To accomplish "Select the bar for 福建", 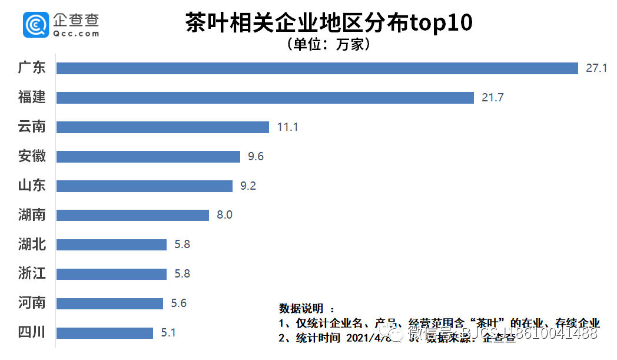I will (265, 98).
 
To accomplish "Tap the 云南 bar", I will (162, 127).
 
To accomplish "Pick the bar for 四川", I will (105, 333).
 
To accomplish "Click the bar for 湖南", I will (132, 215).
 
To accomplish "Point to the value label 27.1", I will (596, 68).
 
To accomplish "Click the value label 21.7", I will (492, 98).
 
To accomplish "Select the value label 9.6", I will (256, 157).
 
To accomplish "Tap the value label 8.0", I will (224, 215).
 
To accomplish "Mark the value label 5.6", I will (178, 303).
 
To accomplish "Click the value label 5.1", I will (168, 333).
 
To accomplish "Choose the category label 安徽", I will (32, 156).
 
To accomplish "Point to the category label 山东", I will (32, 186).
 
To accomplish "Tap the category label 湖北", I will (32, 244).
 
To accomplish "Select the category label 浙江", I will (32, 273).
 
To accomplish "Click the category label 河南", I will (32, 303).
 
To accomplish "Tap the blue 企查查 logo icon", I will (35, 25).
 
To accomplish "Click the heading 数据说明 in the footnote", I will (301, 309).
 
